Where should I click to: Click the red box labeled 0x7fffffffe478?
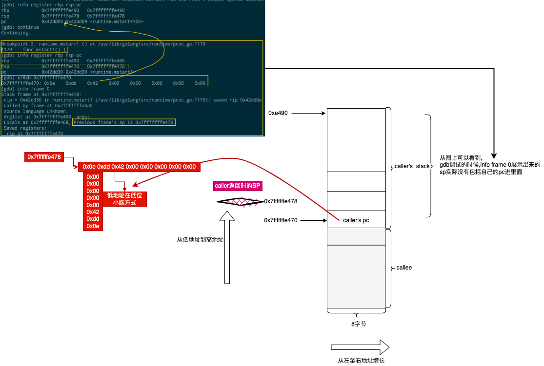(x=44, y=157)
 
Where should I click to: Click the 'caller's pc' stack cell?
(x=356, y=220)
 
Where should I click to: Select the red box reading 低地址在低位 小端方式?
(x=124, y=199)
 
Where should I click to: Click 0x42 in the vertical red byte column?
(x=93, y=212)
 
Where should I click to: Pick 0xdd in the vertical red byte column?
(x=93, y=219)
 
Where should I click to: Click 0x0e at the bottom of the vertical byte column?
(x=93, y=226)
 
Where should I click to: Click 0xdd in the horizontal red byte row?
(x=103, y=167)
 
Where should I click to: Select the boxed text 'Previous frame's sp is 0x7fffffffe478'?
(x=123, y=122)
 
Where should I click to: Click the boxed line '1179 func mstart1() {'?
(x=34, y=50)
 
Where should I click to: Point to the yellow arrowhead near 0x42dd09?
(x=66, y=22)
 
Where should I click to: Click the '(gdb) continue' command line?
(x=20, y=27)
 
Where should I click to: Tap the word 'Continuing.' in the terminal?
(x=16, y=33)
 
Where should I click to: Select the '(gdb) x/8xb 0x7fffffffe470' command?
(x=36, y=77)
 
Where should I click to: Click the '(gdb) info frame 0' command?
(x=25, y=89)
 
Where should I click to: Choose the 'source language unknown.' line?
(x=36, y=111)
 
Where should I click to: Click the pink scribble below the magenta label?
(x=239, y=202)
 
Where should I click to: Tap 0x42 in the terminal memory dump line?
(x=93, y=83)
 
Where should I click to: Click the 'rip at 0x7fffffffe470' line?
(x=35, y=134)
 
